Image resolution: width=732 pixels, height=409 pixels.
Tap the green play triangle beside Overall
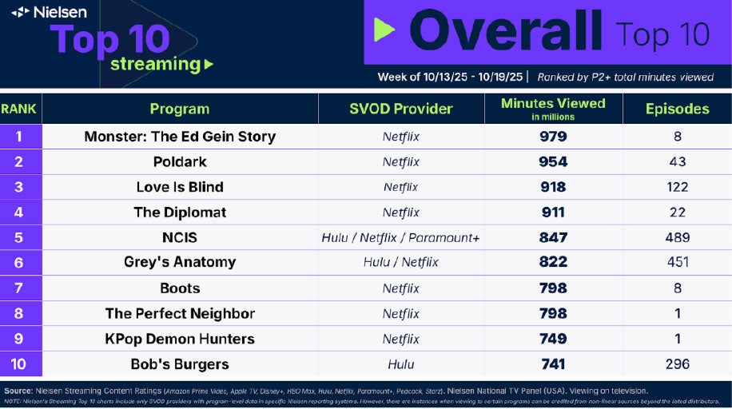pyautogui.click(x=384, y=30)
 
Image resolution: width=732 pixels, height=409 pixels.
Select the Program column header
pyautogui.click(x=179, y=109)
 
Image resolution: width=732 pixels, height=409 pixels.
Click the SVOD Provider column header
pyautogui.click(x=401, y=109)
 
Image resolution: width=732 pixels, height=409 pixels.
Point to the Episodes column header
pyautogui.click(x=677, y=109)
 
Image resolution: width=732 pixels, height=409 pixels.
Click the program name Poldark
pyautogui.click(x=180, y=161)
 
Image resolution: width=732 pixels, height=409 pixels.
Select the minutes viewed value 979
pyautogui.click(x=553, y=137)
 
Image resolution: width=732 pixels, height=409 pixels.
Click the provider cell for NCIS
pyautogui.click(x=401, y=237)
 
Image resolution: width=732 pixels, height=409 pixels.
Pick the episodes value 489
pyautogui.click(x=677, y=237)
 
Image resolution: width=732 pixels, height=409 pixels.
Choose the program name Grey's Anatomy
pyautogui.click(x=180, y=262)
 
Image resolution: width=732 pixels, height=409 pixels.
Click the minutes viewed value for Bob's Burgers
pyautogui.click(x=553, y=364)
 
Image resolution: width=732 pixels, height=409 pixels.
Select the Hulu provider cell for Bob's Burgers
pyautogui.click(x=401, y=364)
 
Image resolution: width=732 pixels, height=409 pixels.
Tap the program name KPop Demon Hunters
pyautogui.click(x=180, y=339)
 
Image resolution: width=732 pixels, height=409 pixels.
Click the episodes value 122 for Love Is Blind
pyautogui.click(x=677, y=187)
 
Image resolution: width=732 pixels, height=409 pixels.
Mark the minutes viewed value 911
pyautogui.click(x=553, y=212)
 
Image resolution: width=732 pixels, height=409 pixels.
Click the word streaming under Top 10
pyautogui.click(x=155, y=64)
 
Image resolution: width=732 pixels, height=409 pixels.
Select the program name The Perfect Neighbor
pyautogui.click(x=180, y=313)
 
